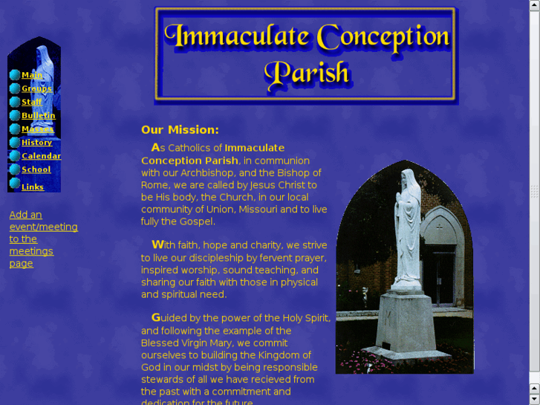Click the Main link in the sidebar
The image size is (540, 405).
pyautogui.click(x=32, y=75)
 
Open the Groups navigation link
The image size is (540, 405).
pyautogui.click(x=36, y=88)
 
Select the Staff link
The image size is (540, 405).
pyautogui.click(x=32, y=102)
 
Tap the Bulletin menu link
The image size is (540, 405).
pyautogui.click(x=38, y=115)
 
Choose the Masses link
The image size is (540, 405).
pyautogui.click(x=37, y=129)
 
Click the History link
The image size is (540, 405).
pyautogui.click(x=36, y=142)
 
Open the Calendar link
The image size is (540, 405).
pyautogui.click(x=41, y=155)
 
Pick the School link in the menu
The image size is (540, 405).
pyautogui.click(x=36, y=169)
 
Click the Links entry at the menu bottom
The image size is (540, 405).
pyautogui.click(x=33, y=187)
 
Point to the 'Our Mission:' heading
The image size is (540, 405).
pyautogui.click(x=180, y=129)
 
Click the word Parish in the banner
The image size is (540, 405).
pyautogui.click(x=306, y=73)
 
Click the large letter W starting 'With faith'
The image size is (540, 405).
pyautogui.click(x=158, y=244)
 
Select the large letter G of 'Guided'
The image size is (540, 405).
pyautogui.click(x=156, y=317)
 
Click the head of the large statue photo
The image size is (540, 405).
pyautogui.click(x=406, y=181)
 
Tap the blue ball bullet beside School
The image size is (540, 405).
pyautogui.click(x=15, y=169)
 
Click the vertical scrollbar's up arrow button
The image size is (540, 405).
pyautogui.click(x=534, y=5)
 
